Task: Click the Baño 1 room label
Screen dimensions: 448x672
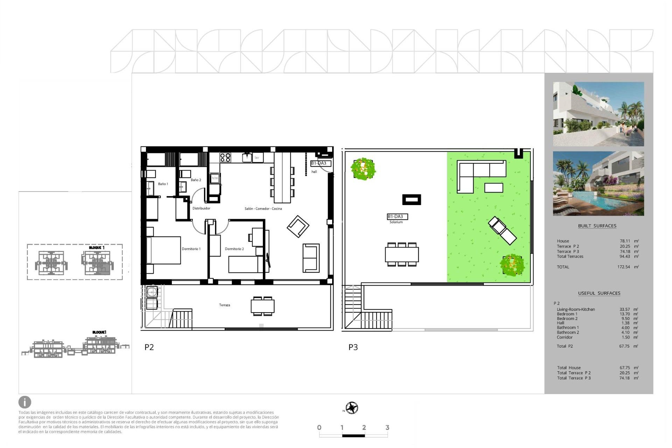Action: [x=163, y=184]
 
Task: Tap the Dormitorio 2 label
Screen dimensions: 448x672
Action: [x=234, y=249]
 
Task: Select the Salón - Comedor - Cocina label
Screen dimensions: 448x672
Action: [x=263, y=209]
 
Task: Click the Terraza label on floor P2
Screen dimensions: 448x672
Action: [x=224, y=305]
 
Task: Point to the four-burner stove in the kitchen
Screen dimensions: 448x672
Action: [x=225, y=157]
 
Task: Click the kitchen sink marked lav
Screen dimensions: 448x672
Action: [x=247, y=158]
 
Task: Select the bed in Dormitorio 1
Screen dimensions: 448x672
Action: [x=163, y=250]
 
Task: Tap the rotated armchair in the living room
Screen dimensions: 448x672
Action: [x=298, y=226]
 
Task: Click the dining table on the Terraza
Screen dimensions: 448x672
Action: [x=262, y=306]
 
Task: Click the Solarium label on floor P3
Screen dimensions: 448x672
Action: [x=396, y=222]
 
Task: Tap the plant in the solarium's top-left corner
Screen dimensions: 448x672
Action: [x=363, y=169]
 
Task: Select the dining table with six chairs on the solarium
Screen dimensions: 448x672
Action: [x=402, y=254]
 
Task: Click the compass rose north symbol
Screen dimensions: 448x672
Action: [x=352, y=408]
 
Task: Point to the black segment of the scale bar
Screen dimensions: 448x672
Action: [x=353, y=436]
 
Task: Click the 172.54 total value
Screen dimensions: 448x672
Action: [x=623, y=267]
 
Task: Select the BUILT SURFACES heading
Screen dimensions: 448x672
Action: [x=597, y=226]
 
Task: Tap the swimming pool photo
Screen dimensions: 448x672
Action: [x=598, y=184]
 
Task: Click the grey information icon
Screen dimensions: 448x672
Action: [x=25, y=402]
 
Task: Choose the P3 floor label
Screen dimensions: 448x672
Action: [x=353, y=347]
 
